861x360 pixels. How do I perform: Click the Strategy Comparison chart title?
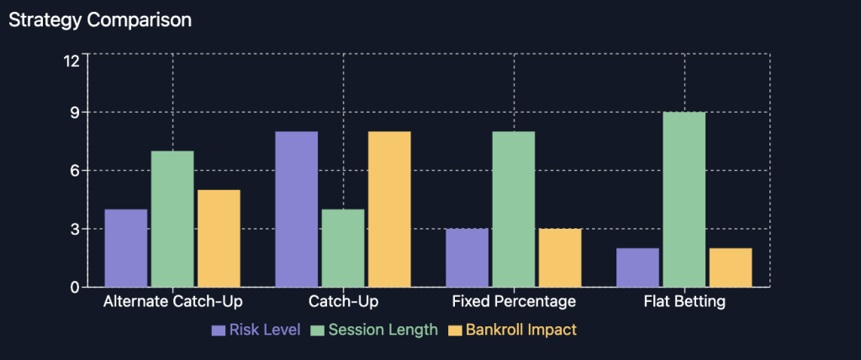click(100, 20)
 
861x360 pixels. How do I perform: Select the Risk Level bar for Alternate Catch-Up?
click(126, 248)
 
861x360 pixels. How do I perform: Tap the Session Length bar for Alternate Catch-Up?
click(172, 219)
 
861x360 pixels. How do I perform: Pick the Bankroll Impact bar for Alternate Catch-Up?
click(219, 239)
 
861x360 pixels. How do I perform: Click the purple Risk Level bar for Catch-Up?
click(297, 209)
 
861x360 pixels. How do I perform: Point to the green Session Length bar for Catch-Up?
click(343, 248)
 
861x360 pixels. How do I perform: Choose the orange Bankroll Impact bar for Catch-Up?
click(390, 209)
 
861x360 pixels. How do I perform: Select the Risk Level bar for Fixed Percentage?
click(467, 257)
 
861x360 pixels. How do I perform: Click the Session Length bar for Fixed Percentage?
click(514, 209)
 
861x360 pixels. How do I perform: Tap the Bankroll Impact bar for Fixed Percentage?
click(561, 257)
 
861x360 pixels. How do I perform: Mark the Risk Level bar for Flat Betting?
click(638, 267)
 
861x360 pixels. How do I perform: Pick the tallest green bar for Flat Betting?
click(684, 199)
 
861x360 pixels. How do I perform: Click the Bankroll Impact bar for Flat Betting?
click(732, 267)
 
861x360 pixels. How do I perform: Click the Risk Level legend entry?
click(256, 330)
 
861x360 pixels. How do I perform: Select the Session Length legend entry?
click(374, 330)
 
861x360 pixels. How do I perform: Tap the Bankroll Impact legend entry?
click(512, 330)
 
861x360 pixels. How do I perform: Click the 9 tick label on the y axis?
click(76, 113)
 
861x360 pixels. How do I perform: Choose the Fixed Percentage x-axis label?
click(514, 302)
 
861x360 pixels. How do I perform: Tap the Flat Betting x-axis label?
click(684, 302)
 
